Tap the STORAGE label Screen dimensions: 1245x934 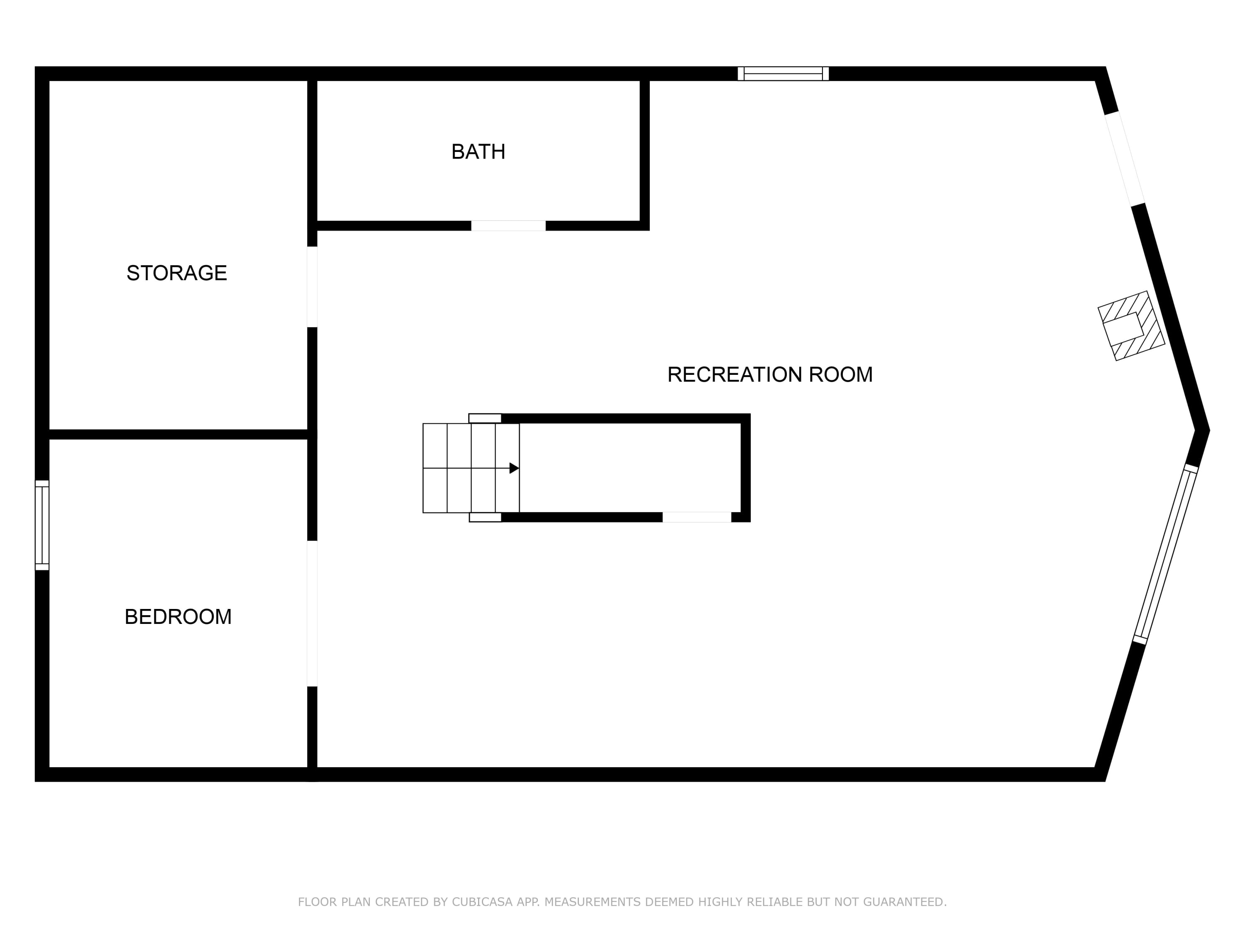(x=177, y=273)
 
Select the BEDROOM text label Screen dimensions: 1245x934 (x=178, y=617)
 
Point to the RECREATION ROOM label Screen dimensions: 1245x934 (x=769, y=374)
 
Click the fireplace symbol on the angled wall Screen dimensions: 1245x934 (x=1131, y=326)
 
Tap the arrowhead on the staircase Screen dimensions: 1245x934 (x=514, y=468)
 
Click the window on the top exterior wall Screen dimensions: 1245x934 (x=783, y=74)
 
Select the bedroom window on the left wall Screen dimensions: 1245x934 (x=42, y=525)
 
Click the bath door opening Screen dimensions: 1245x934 (x=508, y=226)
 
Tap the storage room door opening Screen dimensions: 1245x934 (x=312, y=287)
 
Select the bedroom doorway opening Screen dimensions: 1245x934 (x=312, y=614)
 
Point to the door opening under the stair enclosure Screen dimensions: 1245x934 (x=697, y=517)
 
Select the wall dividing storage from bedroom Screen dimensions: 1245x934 (x=178, y=435)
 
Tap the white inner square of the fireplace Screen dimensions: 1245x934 (x=1123, y=329)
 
